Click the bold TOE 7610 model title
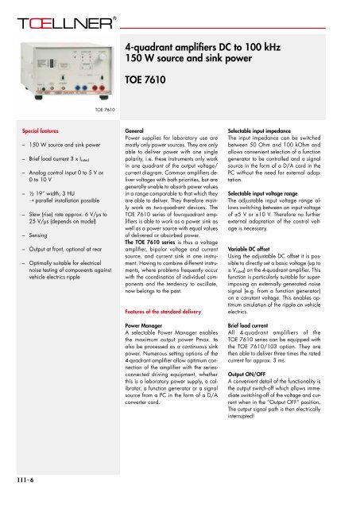[x=153, y=80]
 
